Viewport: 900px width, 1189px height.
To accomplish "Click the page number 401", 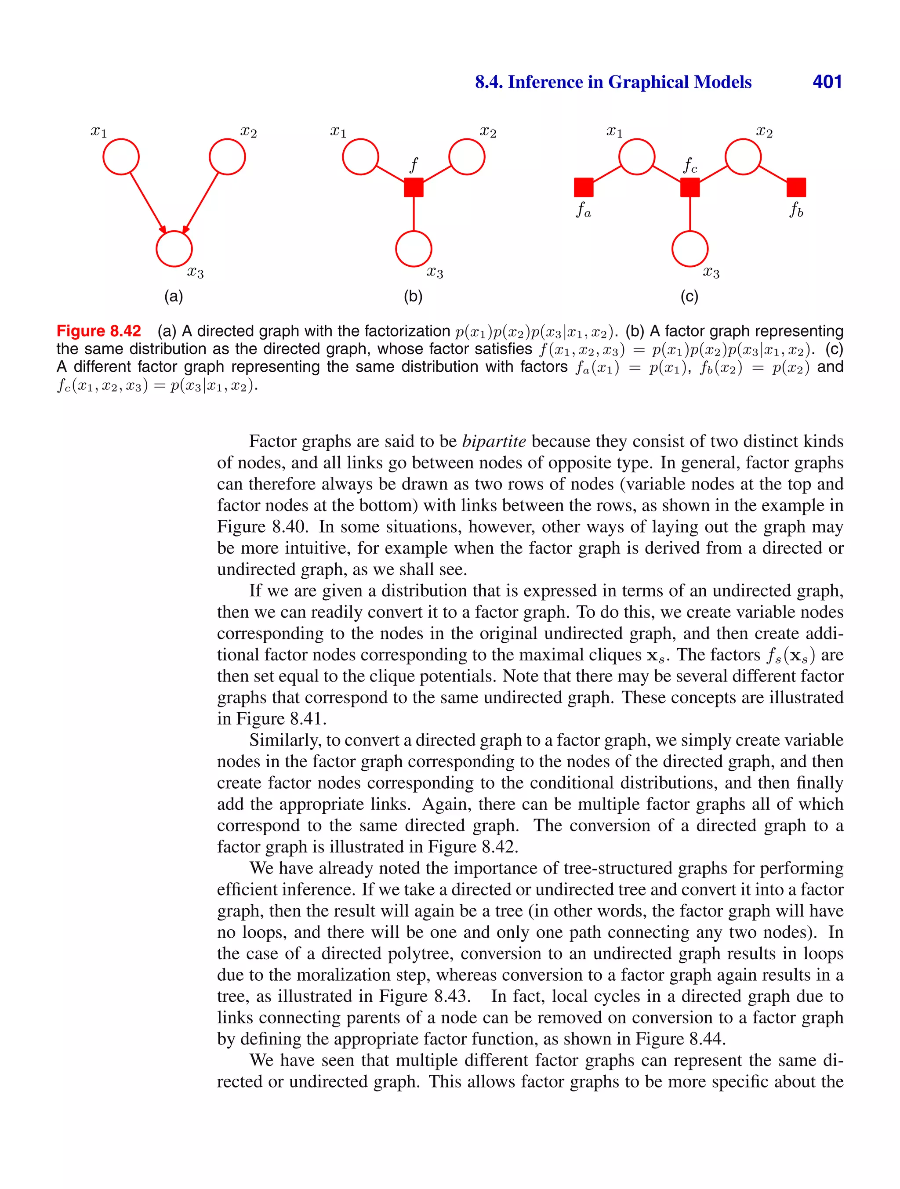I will (827, 82).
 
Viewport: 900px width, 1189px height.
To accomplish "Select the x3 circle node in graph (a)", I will (174, 249).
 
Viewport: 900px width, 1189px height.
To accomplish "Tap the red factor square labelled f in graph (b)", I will (414, 187).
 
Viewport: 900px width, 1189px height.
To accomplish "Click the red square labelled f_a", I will (584, 187).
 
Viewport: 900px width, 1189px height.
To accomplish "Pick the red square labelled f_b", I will (796, 187).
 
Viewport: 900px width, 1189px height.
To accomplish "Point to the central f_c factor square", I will (690, 187).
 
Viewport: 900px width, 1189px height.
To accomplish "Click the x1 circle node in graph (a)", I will (121, 157).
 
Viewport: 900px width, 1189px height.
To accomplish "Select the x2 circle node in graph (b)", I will (467, 157).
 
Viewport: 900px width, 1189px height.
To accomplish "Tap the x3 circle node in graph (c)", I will (690, 249).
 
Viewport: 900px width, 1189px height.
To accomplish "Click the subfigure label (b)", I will (413, 296).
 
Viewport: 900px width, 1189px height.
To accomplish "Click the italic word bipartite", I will (494, 441).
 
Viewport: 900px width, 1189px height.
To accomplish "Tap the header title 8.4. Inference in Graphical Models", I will (613, 82).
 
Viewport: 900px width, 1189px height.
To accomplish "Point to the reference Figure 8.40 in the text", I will (262, 526).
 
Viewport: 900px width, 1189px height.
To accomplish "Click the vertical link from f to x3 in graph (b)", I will (414, 214).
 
